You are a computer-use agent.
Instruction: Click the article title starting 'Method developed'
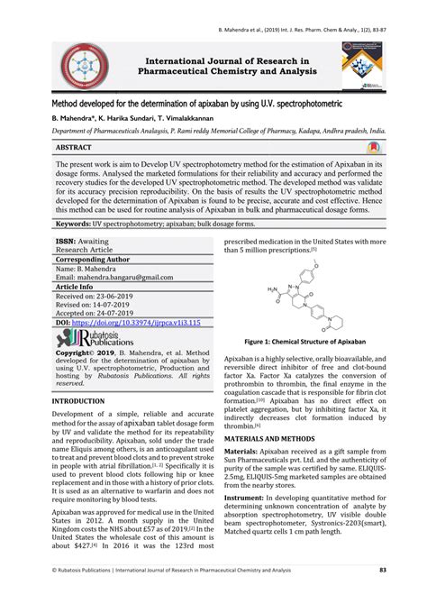[198, 105]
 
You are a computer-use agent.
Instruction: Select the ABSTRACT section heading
[77, 145]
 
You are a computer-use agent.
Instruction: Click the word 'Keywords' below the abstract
[77, 222]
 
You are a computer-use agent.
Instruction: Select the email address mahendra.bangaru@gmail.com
[123, 278]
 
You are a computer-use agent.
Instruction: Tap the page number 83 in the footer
[383, 595]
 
